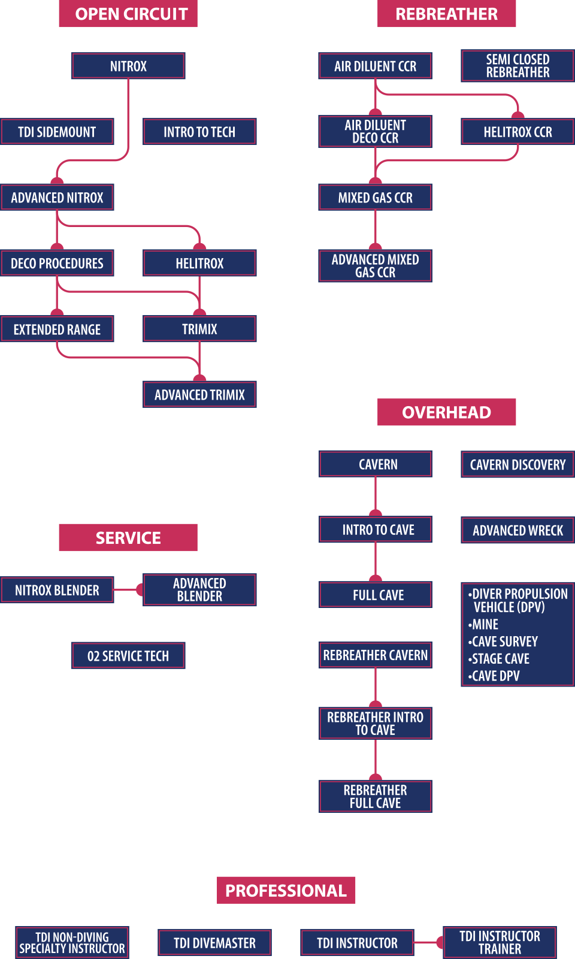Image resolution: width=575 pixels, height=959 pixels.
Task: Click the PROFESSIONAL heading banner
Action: point(286,890)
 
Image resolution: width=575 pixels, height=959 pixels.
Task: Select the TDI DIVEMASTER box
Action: point(214,943)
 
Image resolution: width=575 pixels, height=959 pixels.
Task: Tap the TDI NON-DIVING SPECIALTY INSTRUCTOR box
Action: point(72,943)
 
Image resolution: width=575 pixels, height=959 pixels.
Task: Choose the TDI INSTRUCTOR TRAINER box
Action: point(500,942)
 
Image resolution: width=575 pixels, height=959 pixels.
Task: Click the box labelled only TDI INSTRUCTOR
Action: point(357,943)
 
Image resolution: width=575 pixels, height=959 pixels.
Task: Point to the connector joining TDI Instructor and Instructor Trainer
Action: point(429,942)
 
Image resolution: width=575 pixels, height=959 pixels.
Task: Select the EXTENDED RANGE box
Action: point(57,329)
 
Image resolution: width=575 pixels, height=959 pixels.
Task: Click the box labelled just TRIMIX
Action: point(199,329)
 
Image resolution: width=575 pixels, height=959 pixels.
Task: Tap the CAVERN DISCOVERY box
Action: point(517,465)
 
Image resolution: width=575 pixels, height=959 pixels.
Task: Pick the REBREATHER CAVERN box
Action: point(376,655)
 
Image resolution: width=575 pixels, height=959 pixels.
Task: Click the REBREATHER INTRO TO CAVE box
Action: point(376,724)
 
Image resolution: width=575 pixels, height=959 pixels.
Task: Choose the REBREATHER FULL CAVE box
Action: point(376,797)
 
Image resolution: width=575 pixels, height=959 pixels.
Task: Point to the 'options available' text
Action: point(375,816)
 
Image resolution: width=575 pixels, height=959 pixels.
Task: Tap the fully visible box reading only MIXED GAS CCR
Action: point(376,197)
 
